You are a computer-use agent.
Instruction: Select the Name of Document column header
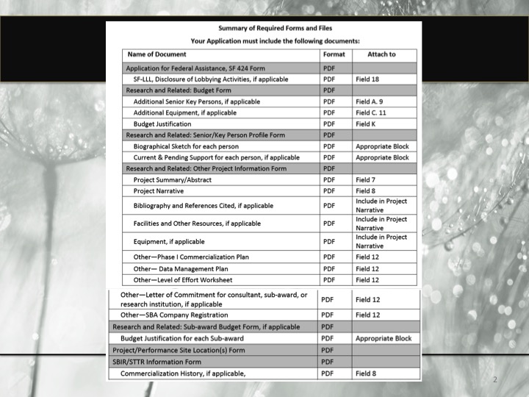156,54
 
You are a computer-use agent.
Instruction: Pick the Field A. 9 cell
370,101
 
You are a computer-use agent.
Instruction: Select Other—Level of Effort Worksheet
182,280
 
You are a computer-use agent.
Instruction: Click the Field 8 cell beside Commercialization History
366,373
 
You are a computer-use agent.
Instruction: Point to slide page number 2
495,379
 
